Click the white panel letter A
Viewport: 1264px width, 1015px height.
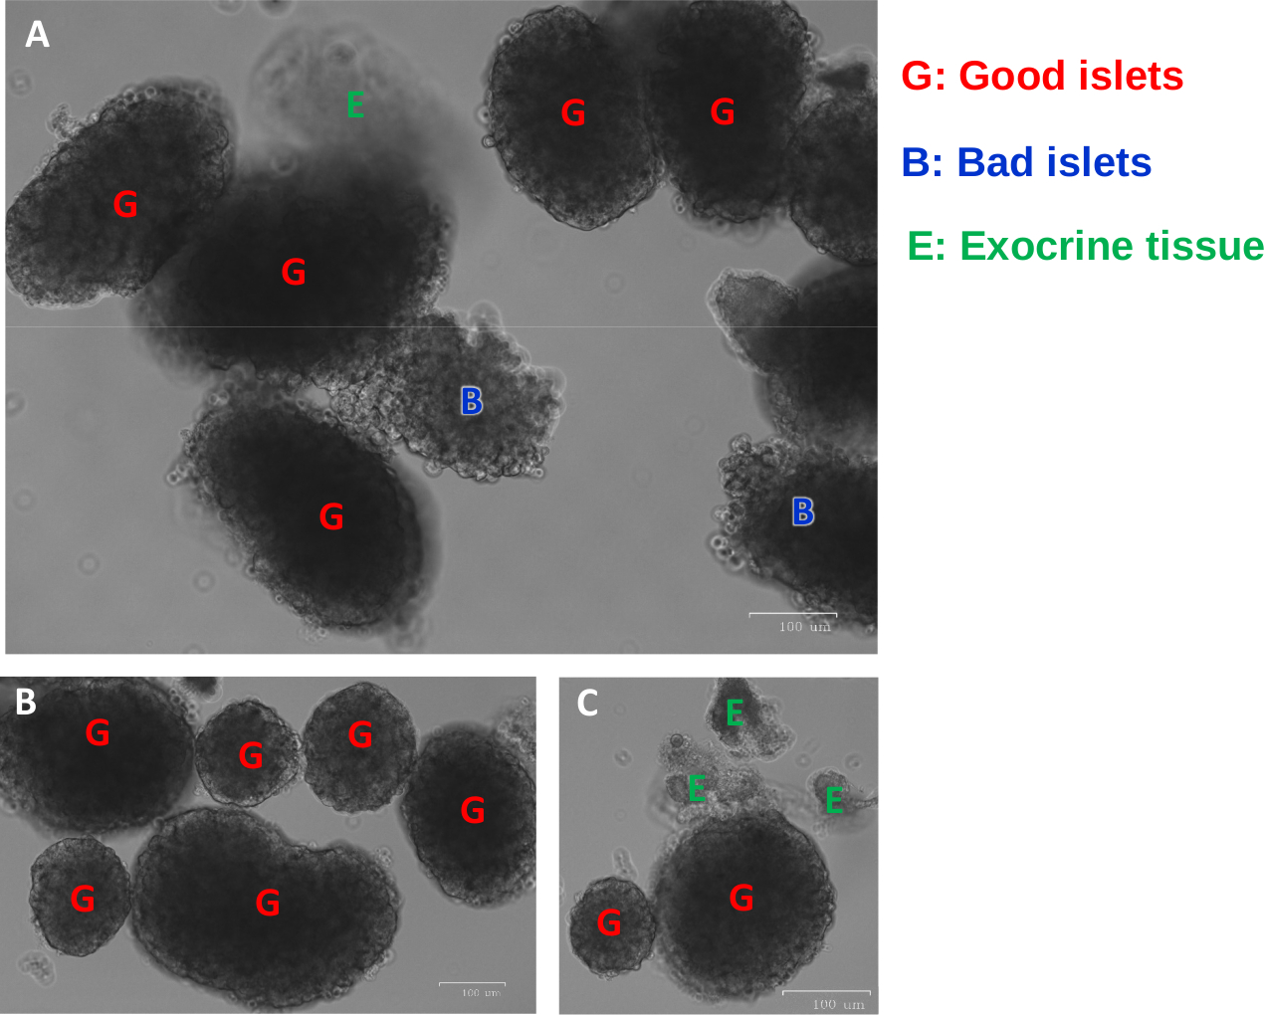pyautogui.click(x=37, y=35)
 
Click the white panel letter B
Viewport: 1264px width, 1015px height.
pyautogui.click(x=26, y=703)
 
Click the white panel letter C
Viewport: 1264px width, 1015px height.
pyautogui.click(x=587, y=704)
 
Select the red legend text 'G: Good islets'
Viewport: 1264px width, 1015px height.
pyautogui.click(x=1042, y=77)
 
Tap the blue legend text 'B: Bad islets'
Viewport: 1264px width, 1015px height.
pyautogui.click(x=1026, y=162)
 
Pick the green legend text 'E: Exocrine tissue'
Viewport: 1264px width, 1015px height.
pyautogui.click(x=1085, y=246)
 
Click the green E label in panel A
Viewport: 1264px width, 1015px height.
pyautogui.click(x=355, y=104)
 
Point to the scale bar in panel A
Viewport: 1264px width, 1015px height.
pyautogui.click(x=792, y=615)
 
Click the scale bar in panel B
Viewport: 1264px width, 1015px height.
pyautogui.click(x=472, y=984)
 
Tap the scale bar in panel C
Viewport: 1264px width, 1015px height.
pyautogui.click(x=826, y=992)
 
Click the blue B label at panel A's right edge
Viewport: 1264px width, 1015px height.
pyautogui.click(x=803, y=511)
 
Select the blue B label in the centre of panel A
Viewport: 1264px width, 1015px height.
pyautogui.click(x=472, y=401)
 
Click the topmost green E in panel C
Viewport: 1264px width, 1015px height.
pyautogui.click(x=735, y=712)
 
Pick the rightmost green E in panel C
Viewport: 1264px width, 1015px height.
pyautogui.click(x=834, y=799)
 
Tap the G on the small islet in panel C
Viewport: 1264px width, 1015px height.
pyautogui.click(x=609, y=923)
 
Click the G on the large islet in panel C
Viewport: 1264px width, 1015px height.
pyautogui.click(x=741, y=898)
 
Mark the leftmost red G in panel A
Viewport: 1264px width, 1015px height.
pyautogui.click(x=125, y=204)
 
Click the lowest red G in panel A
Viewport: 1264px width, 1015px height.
pyautogui.click(x=331, y=516)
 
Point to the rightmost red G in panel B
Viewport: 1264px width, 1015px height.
pyautogui.click(x=473, y=810)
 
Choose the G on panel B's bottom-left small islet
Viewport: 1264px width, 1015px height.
pyautogui.click(x=83, y=899)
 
